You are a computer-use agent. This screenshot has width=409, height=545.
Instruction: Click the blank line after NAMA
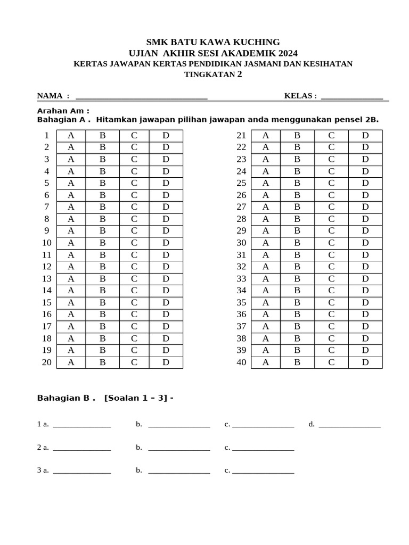pyautogui.click(x=141, y=96)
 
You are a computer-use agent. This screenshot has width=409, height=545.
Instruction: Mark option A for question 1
pyautogui.click(x=71, y=135)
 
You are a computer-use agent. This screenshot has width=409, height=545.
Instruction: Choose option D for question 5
pyautogui.click(x=166, y=183)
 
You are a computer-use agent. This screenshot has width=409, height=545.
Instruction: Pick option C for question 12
pyautogui.click(x=134, y=267)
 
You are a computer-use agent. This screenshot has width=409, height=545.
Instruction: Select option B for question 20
pyautogui.click(x=103, y=362)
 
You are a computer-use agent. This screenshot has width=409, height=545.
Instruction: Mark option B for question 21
pyautogui.click(x=298, y=135)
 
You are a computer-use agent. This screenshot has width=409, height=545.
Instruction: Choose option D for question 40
pyautogui.click(x=365, y=362)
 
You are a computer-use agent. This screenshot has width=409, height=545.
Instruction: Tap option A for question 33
pyautogui.click(x=266, y=278)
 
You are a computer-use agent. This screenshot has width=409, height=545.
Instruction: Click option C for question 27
pyautogui.click(x=331, y=207)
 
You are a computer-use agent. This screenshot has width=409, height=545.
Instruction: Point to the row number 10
pyautogui.click(x=46, y=243)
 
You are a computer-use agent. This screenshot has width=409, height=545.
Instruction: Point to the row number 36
pyautogui.click(x=241, y=315)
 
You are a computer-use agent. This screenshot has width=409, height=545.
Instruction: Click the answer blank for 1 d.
pyautogui.click(x=350, y=425)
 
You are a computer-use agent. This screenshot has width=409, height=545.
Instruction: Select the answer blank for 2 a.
pyautogui.click(x=82, y=448)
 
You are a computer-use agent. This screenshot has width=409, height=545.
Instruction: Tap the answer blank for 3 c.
pyautogui.click(x=263, y=471)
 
